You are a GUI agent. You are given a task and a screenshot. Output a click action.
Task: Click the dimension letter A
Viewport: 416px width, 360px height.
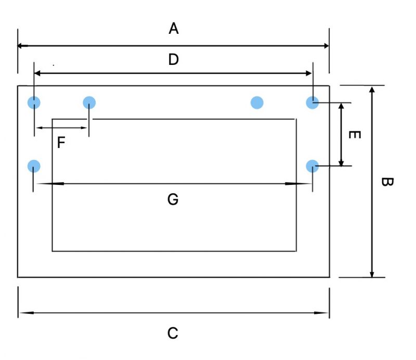[174, 29]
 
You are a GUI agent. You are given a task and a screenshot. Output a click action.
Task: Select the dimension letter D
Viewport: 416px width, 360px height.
[174, 59]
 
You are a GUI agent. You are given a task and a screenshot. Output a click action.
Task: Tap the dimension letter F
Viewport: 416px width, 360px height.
[61, 142]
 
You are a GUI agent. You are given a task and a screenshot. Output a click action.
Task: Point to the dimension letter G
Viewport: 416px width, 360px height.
[173, 199]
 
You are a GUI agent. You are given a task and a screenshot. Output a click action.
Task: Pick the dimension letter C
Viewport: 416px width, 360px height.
[173, 333]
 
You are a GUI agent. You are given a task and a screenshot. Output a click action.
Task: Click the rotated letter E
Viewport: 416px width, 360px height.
[355, 135]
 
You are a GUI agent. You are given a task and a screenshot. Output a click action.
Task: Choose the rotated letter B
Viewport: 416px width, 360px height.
[387, 182]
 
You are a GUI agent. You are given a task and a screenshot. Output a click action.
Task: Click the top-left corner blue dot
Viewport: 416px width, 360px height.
[34, 102]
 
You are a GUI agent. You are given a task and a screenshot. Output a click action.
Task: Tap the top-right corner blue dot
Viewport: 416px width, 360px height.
[313, 102]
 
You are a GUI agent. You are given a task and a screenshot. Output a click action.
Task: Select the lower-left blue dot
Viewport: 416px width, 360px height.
[34, 166]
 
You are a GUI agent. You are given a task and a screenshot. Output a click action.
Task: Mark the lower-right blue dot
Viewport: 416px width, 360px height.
[313, 166]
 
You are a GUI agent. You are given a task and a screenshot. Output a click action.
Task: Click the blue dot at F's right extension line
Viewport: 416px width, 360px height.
[89, 102]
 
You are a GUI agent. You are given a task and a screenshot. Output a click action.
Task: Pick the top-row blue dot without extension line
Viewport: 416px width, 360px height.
[257, 102]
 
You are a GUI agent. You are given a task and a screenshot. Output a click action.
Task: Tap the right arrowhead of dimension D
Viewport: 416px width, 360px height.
[309, 73]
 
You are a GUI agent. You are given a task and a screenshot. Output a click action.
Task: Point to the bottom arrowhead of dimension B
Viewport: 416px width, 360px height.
[372, 274]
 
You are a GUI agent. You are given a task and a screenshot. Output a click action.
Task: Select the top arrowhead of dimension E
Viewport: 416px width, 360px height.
[342, 106]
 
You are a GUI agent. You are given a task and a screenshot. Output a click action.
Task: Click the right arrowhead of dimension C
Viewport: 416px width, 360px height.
[321, 313]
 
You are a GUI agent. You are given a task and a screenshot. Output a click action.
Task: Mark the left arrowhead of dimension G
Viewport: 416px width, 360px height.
[50, 183]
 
